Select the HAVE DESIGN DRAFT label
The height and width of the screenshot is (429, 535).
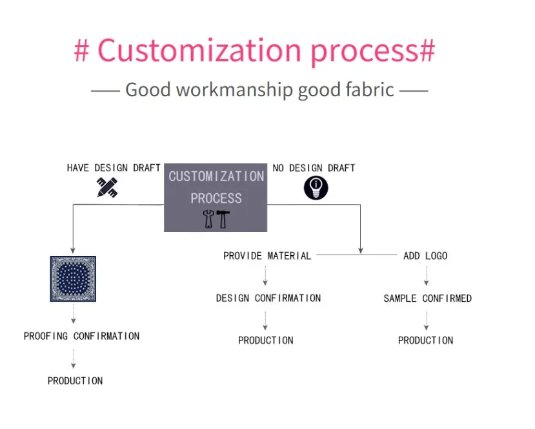coord(114,168)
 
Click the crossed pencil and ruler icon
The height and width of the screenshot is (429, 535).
coord(107,187)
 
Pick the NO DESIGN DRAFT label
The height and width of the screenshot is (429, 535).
coord(314,168)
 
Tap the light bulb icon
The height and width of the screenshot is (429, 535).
coord(316,188)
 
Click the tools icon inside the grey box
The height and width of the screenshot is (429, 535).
coord(216,219)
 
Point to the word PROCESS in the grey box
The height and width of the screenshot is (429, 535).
coord(216,198)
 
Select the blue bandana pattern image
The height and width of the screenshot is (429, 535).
coord(73,278)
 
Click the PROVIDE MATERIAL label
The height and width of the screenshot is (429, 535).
coord(267,256)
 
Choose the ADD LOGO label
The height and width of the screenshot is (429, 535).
coord(425,256)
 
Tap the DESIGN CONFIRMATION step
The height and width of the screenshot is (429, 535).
coord(268,298)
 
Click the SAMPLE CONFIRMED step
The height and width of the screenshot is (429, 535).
coord(427,298)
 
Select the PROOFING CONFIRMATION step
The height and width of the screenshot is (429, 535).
coord(81,336)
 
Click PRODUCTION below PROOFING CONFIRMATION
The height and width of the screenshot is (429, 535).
coord(75,381)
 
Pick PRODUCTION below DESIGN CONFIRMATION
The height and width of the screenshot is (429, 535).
coord(265,340)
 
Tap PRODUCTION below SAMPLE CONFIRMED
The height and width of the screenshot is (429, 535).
coord(425,340)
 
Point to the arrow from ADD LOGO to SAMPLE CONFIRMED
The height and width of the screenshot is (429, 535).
coord(426,277)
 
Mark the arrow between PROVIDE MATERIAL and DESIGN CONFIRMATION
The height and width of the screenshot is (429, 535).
coord(265,277)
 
